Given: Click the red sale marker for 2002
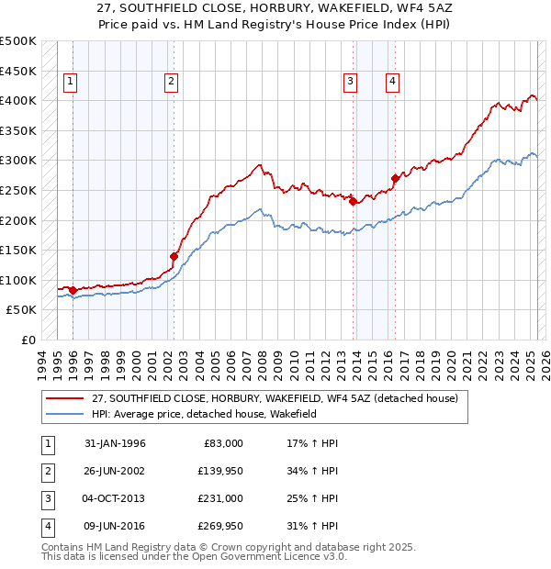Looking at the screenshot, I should [x=174, y=256].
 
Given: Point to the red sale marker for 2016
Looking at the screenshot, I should [x=395, y=178].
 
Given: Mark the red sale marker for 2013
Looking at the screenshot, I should [x=353, y=202].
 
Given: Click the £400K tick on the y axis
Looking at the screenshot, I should [x=18, y=100].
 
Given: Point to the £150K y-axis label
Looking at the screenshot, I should [x=18, y=250].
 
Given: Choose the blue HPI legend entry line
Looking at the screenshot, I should [x=64, y=414].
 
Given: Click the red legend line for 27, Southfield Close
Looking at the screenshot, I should [x=64, y=398].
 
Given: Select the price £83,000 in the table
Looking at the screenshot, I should [x=221, y=443].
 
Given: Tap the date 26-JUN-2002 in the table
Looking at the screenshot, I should [x=115, y=471].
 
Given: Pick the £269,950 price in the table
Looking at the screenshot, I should [x=221, y=526].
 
